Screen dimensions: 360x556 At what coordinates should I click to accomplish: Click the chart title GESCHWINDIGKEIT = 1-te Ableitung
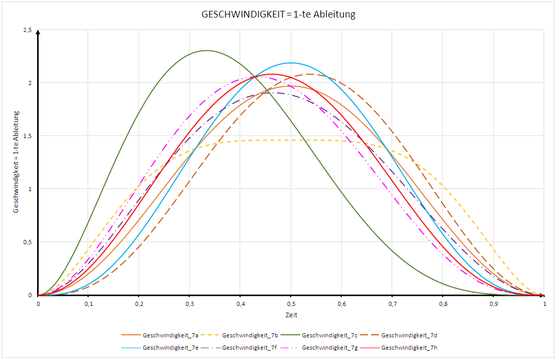point(278,14)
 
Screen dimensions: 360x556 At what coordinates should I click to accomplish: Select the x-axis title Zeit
point(291,315)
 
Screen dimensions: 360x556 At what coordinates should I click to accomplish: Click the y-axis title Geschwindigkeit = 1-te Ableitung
point(16,162)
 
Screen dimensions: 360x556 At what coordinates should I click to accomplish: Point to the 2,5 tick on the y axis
point(27,30)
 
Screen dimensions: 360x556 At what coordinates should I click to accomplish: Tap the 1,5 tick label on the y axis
point(27,136)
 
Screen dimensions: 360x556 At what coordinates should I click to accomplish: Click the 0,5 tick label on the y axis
point(27,242)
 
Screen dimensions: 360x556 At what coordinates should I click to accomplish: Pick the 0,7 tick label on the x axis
point(392,304)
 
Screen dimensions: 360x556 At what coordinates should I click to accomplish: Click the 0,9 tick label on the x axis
point(493,304)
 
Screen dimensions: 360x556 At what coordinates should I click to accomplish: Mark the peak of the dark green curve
point(207,50)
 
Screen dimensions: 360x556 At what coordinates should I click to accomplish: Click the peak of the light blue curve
point(291,63)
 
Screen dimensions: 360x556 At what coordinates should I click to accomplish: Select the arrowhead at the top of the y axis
point(38,32)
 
